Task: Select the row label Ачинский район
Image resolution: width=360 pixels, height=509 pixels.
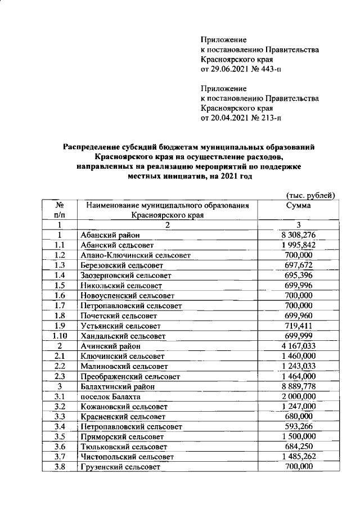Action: [107, 346]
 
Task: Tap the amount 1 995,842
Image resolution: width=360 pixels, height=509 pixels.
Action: [298, 245]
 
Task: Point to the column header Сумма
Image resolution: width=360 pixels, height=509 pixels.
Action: [298, 206]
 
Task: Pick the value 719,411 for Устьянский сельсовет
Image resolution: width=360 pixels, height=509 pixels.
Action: [298, 326]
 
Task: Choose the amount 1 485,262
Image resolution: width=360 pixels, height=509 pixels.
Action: [298, 457]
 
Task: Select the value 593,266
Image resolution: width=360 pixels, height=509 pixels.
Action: [298, 427]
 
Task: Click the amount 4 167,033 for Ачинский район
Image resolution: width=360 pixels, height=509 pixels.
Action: [298, 346]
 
